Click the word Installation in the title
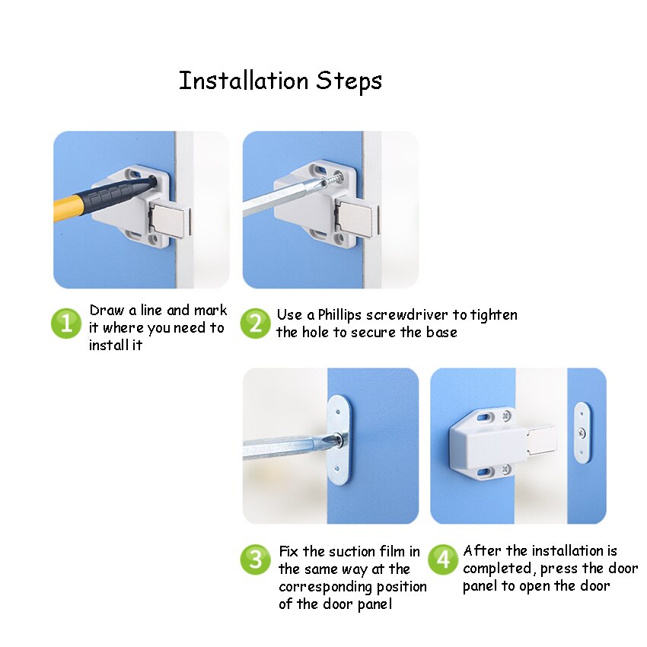click(244, 81)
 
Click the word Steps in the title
click(349, 81)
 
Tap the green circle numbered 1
click(66, 323)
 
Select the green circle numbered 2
click(256, 323)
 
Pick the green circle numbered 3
click(256, 559)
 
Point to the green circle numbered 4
click(443, 559)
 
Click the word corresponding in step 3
click(326, 588)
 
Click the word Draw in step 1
click(107, 311)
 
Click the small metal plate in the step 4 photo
click(582, 433)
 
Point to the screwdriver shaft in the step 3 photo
click(285, 448)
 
